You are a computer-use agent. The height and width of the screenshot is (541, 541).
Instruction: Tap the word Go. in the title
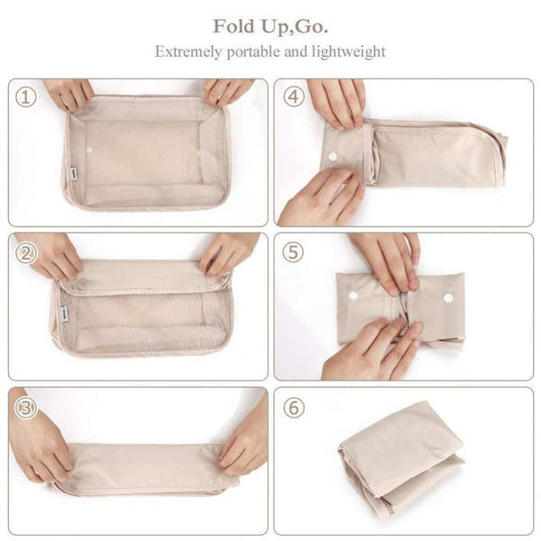click(x=309, y=25)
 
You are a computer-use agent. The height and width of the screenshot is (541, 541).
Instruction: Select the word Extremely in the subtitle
click(x=188, y=51)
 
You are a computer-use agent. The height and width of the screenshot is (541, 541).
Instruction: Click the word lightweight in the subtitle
click(x=348, y=51)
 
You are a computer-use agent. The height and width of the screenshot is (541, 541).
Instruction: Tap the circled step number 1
click(x=26, y=96)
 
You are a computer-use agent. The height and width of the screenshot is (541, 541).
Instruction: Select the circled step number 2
click(x=26, y=252)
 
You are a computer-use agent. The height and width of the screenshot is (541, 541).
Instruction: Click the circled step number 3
click(x=26, y=408)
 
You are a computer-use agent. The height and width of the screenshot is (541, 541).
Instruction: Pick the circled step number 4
click(x=294, y=96)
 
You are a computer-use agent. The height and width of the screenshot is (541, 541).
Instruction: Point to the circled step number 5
click(x=293, y=252)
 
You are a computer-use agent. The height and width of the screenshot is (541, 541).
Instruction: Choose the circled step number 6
click(x=294, y=408)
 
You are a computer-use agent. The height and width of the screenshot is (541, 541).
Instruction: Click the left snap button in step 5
click(x=353, y=296)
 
